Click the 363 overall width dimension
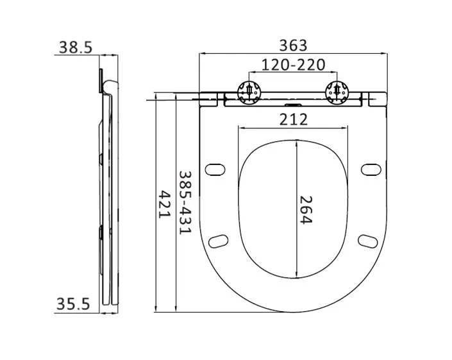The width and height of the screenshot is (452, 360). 294,45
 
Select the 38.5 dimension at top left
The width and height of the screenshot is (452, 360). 76,46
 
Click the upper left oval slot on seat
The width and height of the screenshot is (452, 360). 215,169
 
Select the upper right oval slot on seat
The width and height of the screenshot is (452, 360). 370,169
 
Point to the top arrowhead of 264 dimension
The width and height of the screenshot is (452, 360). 296,142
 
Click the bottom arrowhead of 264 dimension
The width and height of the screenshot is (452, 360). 296,277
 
